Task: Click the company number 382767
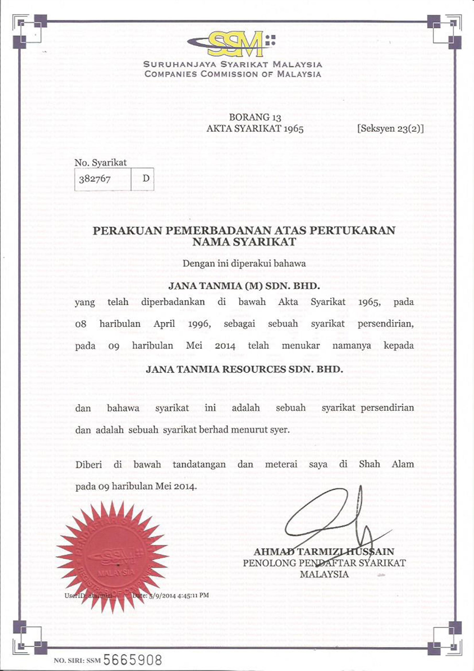(95, 178)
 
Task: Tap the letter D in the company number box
(146, 178)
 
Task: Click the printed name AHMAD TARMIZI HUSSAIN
(324, 551)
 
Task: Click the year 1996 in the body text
(200, 323)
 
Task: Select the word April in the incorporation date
(164, 323)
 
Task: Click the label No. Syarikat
(101, 162)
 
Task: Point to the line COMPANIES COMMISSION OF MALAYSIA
(233, 74)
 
